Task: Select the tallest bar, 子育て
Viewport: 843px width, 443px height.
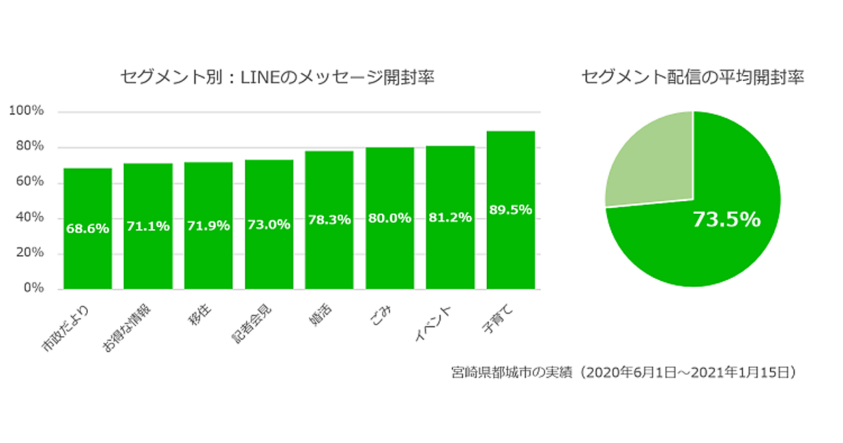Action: coord(511,246)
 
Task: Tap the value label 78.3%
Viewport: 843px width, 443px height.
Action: coord(329,219)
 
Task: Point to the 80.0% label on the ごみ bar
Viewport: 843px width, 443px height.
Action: coord(390,218)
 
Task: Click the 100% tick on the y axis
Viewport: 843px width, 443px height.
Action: coord(27,111)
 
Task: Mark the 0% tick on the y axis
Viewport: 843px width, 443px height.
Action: coord(34,288)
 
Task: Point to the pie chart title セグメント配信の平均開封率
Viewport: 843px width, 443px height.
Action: coord(693,77)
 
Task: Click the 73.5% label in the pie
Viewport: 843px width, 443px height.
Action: coord(726,220)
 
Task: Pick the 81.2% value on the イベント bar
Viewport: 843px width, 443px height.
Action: coord(450,217)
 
